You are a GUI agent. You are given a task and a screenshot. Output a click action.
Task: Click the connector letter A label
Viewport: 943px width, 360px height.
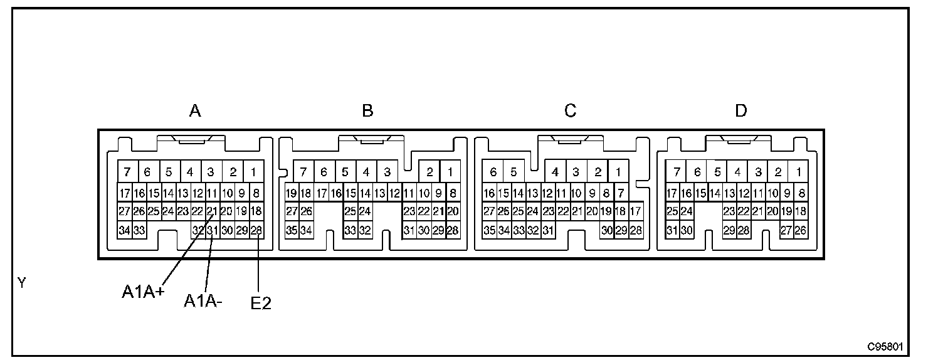(x=195, y=112)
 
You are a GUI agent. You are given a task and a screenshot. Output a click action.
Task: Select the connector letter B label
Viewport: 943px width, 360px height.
(x=368, y=112)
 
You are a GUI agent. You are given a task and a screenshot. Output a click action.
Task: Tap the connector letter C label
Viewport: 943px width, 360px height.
(x=570, y=112)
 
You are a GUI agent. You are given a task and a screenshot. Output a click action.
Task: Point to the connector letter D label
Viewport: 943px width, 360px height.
(x=741, y=112)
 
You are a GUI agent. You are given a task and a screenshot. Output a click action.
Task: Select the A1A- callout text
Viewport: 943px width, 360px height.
(x=203, y=301)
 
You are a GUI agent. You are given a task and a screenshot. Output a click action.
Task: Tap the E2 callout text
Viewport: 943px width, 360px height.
(x=261, y=304)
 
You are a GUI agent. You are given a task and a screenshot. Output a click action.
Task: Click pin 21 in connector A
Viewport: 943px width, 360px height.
(x=212, y=211)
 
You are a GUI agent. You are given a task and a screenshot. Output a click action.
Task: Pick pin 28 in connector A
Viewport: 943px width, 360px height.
(x=256, y=230)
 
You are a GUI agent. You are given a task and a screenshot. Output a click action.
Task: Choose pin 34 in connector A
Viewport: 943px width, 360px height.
(x=124, y=230)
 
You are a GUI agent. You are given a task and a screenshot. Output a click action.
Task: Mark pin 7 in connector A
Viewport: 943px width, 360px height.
(x=127, y=172)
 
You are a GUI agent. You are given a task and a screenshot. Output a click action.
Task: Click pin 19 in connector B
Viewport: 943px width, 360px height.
(x=292, y=193)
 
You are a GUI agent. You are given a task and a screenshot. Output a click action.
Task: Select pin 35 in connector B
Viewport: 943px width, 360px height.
(x=292, y=230)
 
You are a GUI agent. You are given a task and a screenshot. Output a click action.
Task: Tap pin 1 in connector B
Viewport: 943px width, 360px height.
(x=450, y=172)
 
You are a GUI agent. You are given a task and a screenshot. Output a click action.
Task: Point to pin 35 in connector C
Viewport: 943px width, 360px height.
(x=490, y=230)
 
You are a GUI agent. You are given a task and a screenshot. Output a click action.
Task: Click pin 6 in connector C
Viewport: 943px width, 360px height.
(x=493, y=172)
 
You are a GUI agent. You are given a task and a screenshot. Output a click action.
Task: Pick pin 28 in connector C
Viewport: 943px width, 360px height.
(x=636, y=230)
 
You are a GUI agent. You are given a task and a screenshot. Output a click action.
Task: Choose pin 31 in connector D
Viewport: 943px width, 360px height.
(x=672, y=230)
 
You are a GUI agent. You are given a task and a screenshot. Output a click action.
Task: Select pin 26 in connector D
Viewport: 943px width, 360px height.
(x=801, y=230)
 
